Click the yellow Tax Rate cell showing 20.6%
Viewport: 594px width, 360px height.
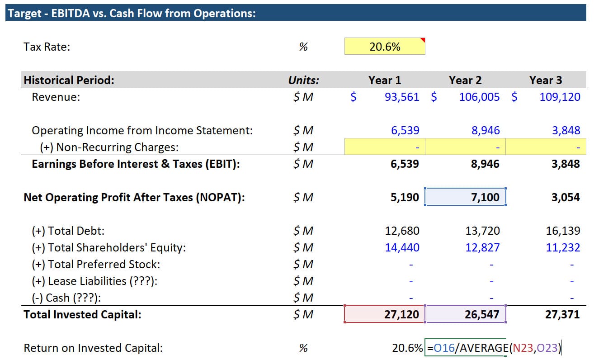click(385, 47)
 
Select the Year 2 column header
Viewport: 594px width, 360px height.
click(465, 81)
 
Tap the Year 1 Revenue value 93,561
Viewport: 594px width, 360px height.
click(401, 97)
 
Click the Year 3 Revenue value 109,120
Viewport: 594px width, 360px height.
click(560, 97)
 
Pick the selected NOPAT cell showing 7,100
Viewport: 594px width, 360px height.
click(465, 197)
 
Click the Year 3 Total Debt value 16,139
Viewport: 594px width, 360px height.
click(563, 231)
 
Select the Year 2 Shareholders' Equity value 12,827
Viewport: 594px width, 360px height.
click(482, 247)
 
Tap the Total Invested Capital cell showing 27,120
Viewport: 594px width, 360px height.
click(385, 314)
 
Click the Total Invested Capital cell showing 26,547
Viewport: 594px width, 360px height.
click(465, 314)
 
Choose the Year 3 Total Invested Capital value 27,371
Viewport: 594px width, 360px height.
click(562, 314)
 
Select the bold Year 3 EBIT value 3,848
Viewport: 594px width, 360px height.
click(566, 164)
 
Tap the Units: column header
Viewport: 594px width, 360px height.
click(303, 81)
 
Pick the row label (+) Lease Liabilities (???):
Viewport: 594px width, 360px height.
click(94, 281)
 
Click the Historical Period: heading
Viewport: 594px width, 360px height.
click(69, 81)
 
